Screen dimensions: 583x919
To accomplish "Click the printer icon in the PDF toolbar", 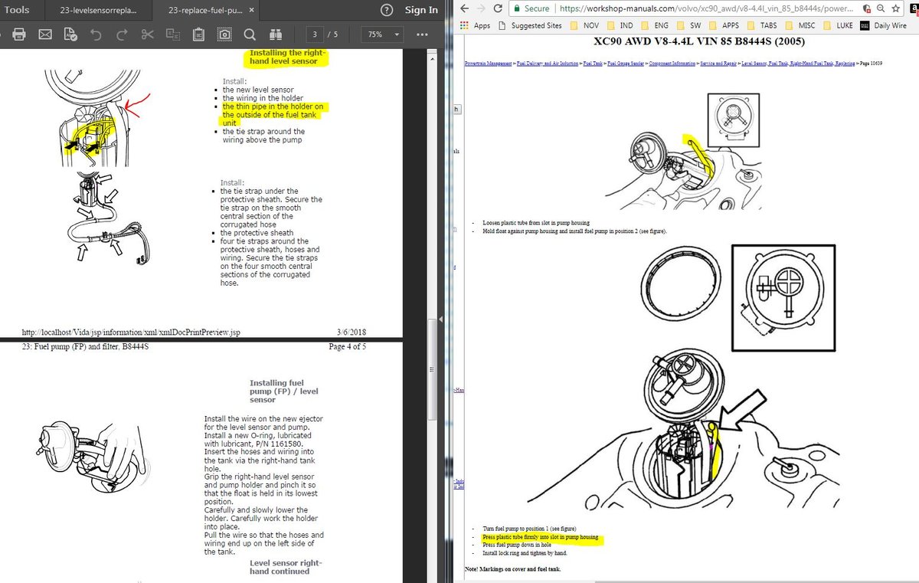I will pos(19,35).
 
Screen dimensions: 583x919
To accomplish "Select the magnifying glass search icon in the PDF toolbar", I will pos(250,35).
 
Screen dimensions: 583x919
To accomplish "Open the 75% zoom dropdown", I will pos(383,35).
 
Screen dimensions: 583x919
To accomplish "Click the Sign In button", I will pos(421,10).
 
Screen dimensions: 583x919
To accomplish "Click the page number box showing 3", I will pos(314,35).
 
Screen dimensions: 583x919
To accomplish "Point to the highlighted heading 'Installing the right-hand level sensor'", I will pos(287,58).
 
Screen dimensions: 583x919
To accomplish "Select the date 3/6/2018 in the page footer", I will pos(351,332).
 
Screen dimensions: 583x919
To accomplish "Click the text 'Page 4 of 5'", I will pos(347,346).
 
